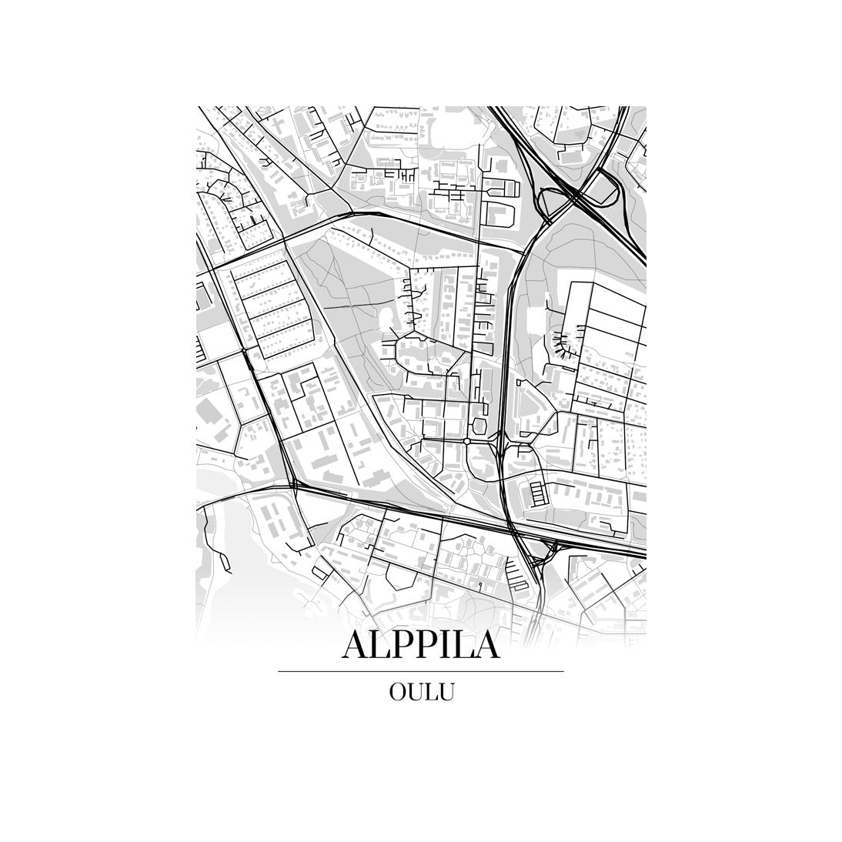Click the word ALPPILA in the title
[420, 646]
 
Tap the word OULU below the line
[420, 691]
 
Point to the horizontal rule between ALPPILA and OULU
[420, 671]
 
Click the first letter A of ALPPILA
[356, 646]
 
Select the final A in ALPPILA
[485, 646]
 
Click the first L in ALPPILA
[381, 646]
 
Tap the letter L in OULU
[432, 691]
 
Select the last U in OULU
[446, 691]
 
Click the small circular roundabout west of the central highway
[466, 441]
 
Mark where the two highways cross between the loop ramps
[576, 198]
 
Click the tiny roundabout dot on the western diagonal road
[243, 351]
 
